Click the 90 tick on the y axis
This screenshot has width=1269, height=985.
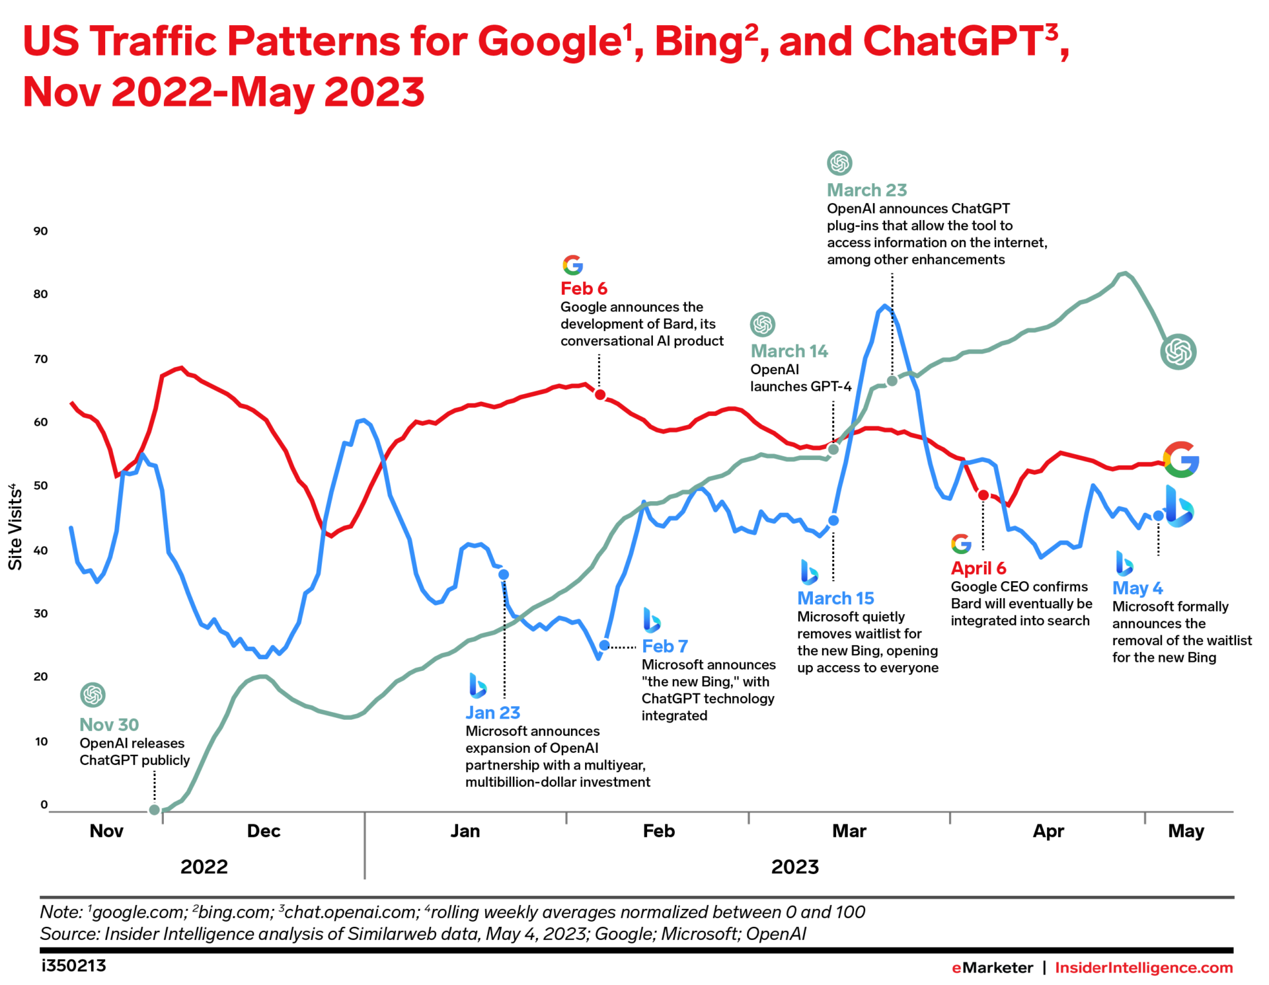(40, 231)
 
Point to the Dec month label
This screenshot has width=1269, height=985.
(263, 831)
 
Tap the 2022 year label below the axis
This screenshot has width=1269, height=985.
(204, 867)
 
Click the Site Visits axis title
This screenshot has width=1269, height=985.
(15, 527)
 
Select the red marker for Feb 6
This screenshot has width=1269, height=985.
(600, 395)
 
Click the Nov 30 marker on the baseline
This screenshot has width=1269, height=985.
(154, 810)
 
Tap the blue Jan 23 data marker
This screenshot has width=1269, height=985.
(504, 574)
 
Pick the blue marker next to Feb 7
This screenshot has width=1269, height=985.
(604, 645)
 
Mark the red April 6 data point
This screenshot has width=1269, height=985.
(983, 495)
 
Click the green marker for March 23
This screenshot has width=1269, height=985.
(892, 381)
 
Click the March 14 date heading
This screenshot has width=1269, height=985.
(789, 351)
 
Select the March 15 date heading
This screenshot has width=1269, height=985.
(835, 598)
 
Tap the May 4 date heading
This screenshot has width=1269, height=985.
(1137, 588)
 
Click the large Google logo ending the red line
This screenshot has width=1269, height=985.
(1181, 459)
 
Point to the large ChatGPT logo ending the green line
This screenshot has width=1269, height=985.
(1178, 352)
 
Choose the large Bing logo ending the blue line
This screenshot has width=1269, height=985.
(1178, 507)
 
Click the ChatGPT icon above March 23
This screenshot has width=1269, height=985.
(839, 163)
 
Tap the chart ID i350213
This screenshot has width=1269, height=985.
(73, 966)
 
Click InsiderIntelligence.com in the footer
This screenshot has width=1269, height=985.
(1143, 968)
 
